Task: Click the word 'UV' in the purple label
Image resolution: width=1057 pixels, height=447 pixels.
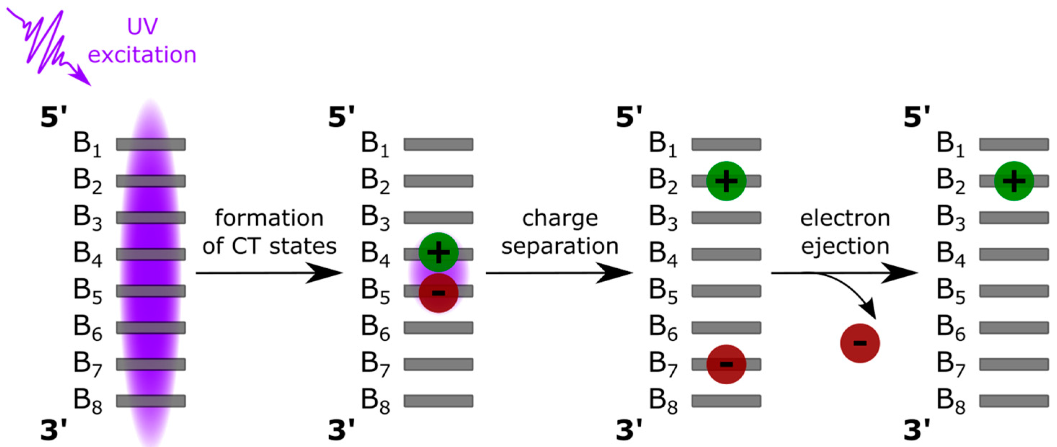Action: pyautogui.click(x=142, y=27)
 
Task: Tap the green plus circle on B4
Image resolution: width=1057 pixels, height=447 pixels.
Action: pyautogui.click(x=438, y=252)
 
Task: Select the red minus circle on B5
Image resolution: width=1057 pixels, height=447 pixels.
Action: pyautogui.click(x=438, y=293)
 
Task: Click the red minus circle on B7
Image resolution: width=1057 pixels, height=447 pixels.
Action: pyautogui.click(x=726, y=364)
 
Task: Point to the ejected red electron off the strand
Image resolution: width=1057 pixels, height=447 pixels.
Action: pyautogui.click(x=860, y=343)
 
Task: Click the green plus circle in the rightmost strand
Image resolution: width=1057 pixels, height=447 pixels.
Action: pyautogui.click(x=1013, y=181)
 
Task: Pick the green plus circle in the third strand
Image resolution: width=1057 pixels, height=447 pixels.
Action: pyautogui.click(x=726, y=181)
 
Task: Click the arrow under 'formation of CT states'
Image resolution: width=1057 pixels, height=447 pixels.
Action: pyautogui.click(x=269, y=273)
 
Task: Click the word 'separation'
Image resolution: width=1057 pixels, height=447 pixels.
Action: pyautogui.click(x=560, y=246)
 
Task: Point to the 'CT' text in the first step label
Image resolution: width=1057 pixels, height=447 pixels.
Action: pyautogui.click(x=246, y=246)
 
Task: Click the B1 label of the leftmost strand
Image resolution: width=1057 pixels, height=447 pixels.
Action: pyautogui.click(x=87, y=144)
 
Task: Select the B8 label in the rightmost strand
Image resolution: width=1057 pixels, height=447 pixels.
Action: pyautogui.click(x=950, y=401)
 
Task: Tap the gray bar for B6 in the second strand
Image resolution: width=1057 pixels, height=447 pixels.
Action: pyautogui.click(x=438, y=328)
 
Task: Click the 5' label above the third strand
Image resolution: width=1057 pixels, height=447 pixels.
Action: pyautogui.click(x=629, y=117)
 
